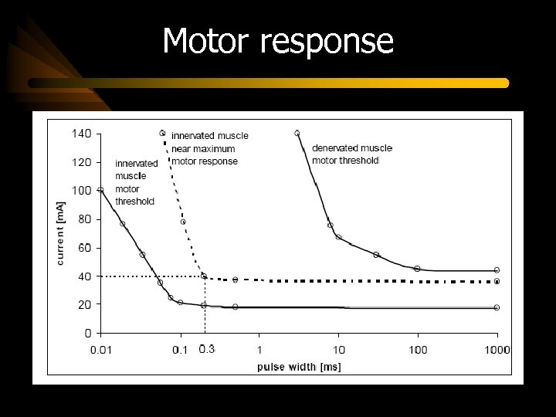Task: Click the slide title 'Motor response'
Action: click(x=278, y=41)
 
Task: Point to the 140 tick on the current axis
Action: click(x=82, y=134)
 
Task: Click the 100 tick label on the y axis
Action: click(x=82, y=191)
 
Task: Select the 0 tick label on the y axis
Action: click(x=87, y=334)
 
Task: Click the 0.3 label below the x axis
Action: click(x=206, y=349)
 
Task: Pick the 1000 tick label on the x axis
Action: click(x=497, y=350)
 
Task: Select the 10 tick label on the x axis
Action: click(x=339, y=350)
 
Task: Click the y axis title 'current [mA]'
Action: click(x=61, y=233)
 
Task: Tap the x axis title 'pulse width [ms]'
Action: click(x=299, y=367)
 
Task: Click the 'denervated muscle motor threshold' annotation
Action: click(x=351, y=154)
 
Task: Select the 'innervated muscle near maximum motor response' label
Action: click(x=209, y=148)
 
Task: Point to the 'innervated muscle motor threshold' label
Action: click(x=136, y=182)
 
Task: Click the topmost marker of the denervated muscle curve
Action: click(x=297, y=133)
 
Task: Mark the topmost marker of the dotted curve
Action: click(x=162, y=133)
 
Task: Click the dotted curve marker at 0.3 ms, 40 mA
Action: click(x=204, y=276)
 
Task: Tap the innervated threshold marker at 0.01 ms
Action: click(x=100, y=190)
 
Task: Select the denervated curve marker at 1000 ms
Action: click(x=497, y=270)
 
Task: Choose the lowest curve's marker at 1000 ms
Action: click(x=497, y=307)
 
